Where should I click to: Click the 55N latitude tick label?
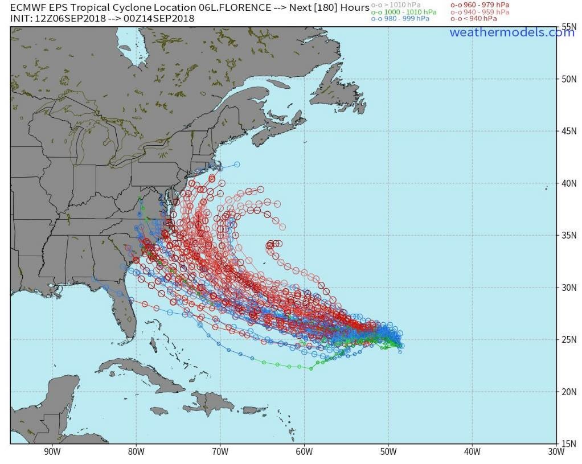click(568, 27)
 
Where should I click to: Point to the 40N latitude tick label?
click(568, 183)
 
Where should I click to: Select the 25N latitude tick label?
click(568, 340)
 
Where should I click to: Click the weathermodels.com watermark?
click(511, 32)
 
